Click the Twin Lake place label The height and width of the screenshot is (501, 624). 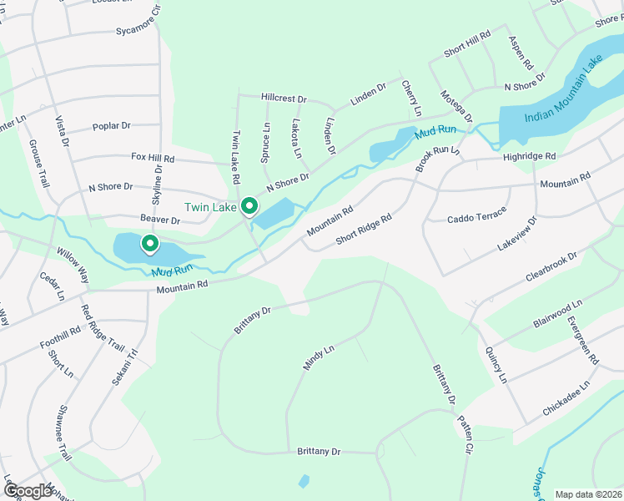pos(210,207)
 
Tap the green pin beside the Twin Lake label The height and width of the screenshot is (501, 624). pos(249,205)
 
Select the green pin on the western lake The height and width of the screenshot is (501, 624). pos(150,244)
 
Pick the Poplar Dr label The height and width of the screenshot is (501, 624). pos(112,126)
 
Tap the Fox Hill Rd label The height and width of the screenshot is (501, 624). pos(153,157)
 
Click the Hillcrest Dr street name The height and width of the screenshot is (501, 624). pos(284,98)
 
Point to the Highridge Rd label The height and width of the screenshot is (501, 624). pos(529,156)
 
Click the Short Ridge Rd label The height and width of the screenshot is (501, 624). pos(364,230)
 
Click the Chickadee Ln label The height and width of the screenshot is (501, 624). pos(566,397)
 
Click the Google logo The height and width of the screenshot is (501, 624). pos(28,491)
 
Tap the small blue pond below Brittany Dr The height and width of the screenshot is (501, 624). pos(304,481)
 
